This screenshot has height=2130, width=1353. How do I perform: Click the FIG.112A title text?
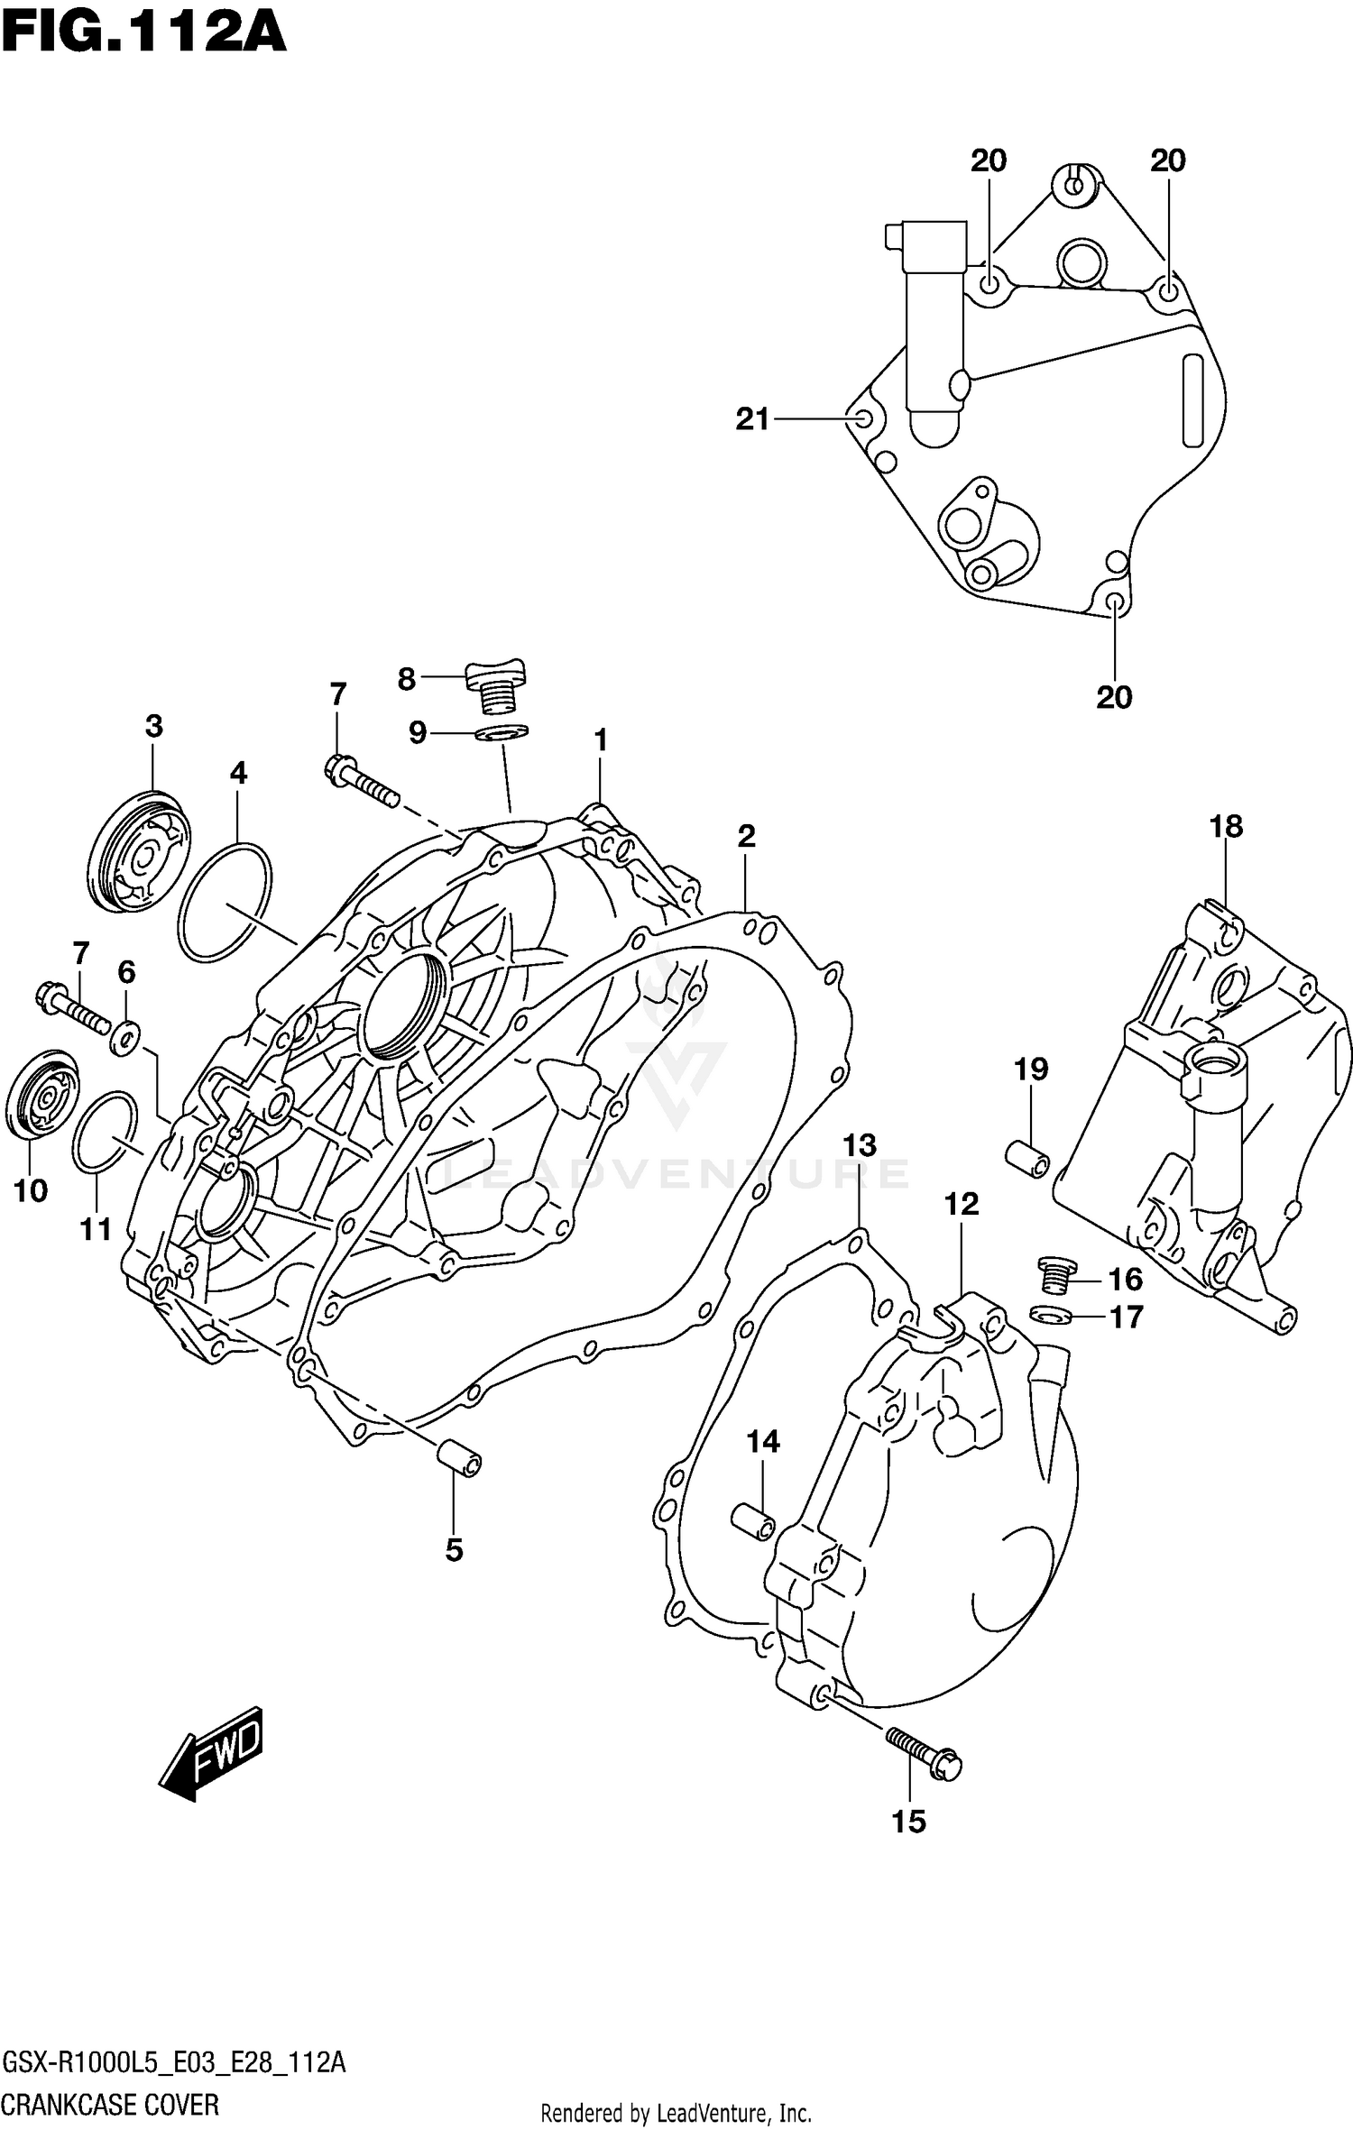(144, 34)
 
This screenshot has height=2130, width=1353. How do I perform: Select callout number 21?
(752, 419)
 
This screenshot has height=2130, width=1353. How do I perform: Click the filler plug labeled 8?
(496, 686)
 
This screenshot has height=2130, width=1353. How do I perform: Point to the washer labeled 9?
(502, 733)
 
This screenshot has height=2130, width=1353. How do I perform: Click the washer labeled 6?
(124, 1040)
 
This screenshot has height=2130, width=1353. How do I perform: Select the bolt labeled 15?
(922, 1752)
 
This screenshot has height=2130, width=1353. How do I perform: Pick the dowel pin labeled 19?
(1027, 1157)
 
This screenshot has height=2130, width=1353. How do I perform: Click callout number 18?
(1226, 826)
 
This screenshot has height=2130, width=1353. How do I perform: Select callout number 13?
(859, 1145)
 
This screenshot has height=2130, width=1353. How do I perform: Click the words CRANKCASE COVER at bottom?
(110, 2106)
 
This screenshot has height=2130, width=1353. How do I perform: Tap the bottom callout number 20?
(1114, 697)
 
